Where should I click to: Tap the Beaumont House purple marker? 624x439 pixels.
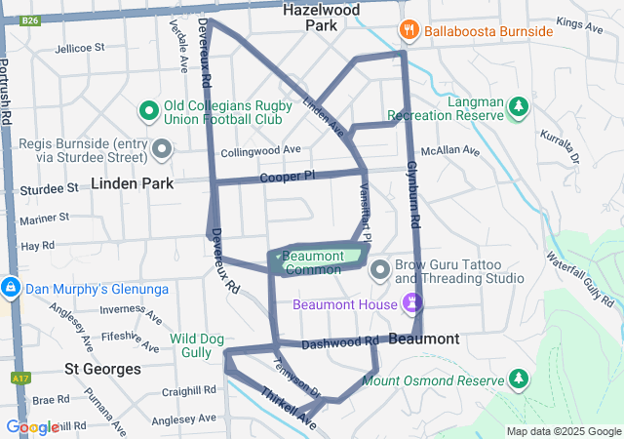coord(411,304)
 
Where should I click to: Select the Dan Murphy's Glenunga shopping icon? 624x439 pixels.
coord(12,289)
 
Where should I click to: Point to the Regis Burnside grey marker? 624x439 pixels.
coord(163,149)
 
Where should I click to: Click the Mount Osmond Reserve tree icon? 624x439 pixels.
coord(519,378)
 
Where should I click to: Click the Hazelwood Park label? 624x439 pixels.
coord(321,18)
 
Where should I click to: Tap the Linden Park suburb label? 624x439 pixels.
coord(133,183)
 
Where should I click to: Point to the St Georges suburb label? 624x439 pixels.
coord(102,370)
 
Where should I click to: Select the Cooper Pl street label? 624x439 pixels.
coord(288,177)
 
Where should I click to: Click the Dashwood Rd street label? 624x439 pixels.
coord(338,343)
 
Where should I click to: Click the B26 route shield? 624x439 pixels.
coord(30,20)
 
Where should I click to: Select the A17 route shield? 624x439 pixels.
coord(19,378)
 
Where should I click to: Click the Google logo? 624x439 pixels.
coord(31,426)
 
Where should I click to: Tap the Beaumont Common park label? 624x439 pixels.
coord(314,262)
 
